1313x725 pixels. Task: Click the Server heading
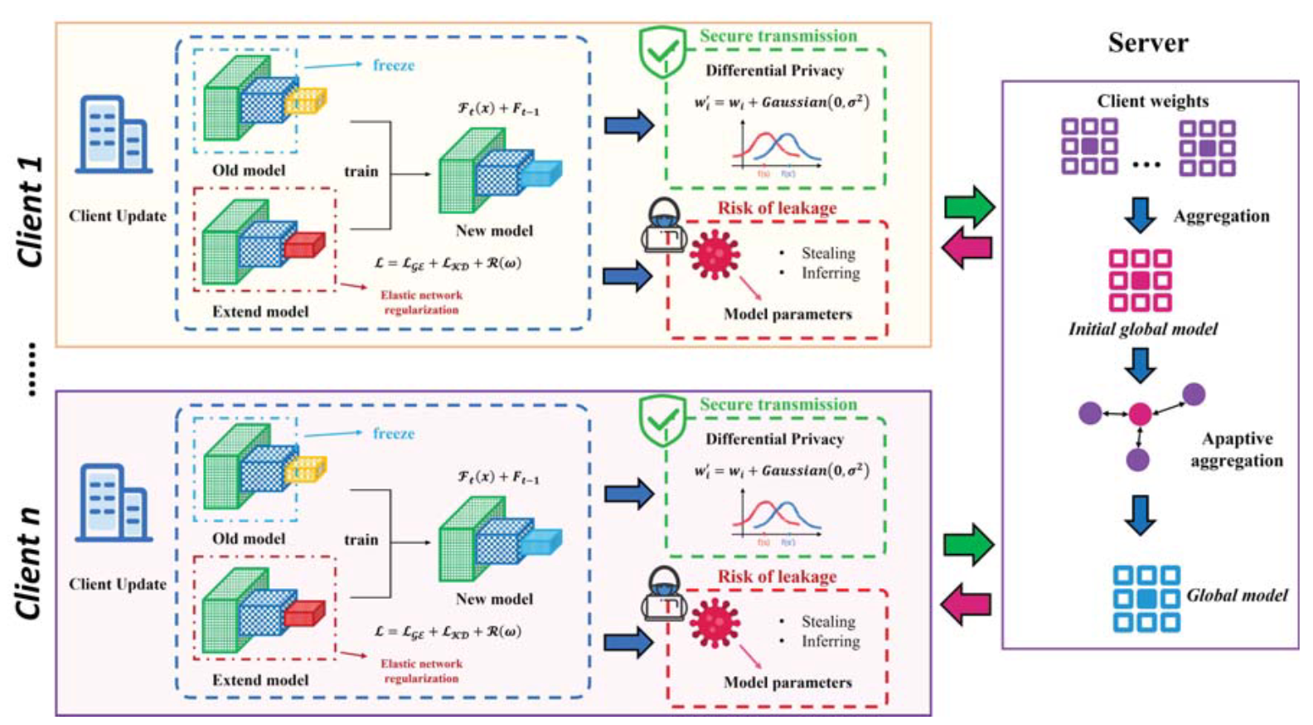coord(1148,42)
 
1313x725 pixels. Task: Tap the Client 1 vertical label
coord(31,212)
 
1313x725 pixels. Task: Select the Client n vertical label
coord(31,564)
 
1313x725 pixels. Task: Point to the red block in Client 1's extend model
coord(304,246)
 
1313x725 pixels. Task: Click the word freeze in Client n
coord(393,433)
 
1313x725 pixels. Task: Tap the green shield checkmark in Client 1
coord(662,51)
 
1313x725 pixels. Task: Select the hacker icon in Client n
coord(664,594)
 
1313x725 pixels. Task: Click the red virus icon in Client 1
coord(715,254)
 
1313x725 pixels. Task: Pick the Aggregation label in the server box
coord(1221,217)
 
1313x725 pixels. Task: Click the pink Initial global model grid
coord(1140,280)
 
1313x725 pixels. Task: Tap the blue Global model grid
coord(1146,598)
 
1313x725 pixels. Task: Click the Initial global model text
coord(1142,329)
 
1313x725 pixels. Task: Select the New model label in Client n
coord(494,599)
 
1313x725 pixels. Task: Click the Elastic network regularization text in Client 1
coord(421,302)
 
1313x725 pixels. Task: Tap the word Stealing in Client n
coord(827,621)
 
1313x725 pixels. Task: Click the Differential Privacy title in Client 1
coord(774,71)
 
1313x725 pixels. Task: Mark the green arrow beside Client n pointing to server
coord(968,545)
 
